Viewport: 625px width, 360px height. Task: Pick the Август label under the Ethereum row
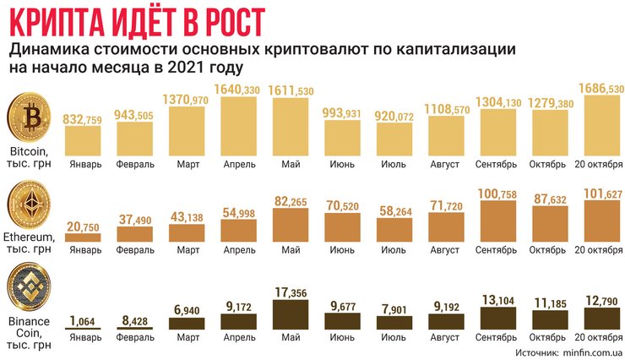point(448,250)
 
